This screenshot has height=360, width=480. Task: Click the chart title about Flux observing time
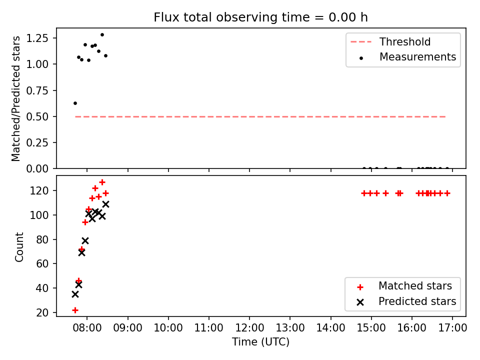pos(260,17)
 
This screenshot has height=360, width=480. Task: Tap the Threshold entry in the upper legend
pos(390,41)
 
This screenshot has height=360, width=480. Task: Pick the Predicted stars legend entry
pos(406,301)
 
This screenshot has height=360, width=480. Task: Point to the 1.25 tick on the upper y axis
pos(37,38)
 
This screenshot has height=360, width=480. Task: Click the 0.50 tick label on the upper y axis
pos(37,116)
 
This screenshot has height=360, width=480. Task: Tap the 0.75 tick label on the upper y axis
pos(37,90)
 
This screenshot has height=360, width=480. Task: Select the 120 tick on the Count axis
pos(40,190)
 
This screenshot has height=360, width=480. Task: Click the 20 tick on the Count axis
pos(42,312)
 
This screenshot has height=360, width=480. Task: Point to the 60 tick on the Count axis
pos(42,263)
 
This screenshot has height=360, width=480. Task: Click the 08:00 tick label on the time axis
pos(87,328)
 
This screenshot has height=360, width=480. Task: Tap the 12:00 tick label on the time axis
pos(249,328)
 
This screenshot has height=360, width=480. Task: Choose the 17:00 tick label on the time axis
pos(452,328)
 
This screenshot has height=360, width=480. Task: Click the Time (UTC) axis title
pos(260,341)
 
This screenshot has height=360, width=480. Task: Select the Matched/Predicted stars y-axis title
pos(15,98)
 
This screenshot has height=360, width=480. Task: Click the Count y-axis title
pos(19,246)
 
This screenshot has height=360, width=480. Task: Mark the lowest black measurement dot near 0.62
pos(75,103)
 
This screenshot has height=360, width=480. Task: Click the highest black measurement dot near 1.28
pos(102,35)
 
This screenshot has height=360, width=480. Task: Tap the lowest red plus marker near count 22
pos(75,310)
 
